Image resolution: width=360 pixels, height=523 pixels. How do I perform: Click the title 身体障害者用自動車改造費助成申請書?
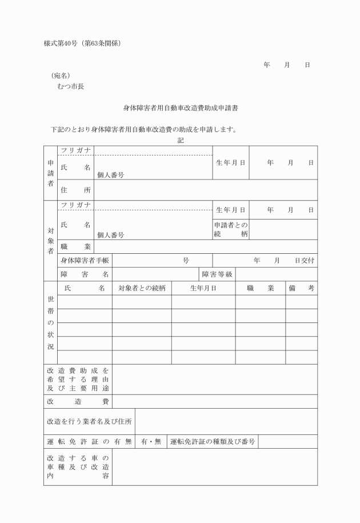point(181,107)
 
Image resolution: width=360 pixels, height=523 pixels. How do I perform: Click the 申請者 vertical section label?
point(50,173)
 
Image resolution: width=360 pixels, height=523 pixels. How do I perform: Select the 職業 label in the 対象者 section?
point(75,246)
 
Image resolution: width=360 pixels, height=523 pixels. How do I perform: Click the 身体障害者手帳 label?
point(85,261)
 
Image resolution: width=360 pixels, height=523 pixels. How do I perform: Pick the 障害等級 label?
point(217,274)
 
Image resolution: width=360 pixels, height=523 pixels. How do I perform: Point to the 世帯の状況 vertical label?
point(50,323)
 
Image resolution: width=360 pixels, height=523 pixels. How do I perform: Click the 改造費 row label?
point(78,402)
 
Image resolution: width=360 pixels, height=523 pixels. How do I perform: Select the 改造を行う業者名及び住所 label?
point(89,422)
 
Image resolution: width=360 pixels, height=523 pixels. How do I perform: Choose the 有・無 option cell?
point(151,442)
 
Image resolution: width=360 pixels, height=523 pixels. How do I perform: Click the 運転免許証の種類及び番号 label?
point(212,442)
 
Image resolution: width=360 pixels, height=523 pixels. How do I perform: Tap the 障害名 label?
point(85,274)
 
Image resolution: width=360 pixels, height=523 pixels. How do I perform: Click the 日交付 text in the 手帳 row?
point(304,261)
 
